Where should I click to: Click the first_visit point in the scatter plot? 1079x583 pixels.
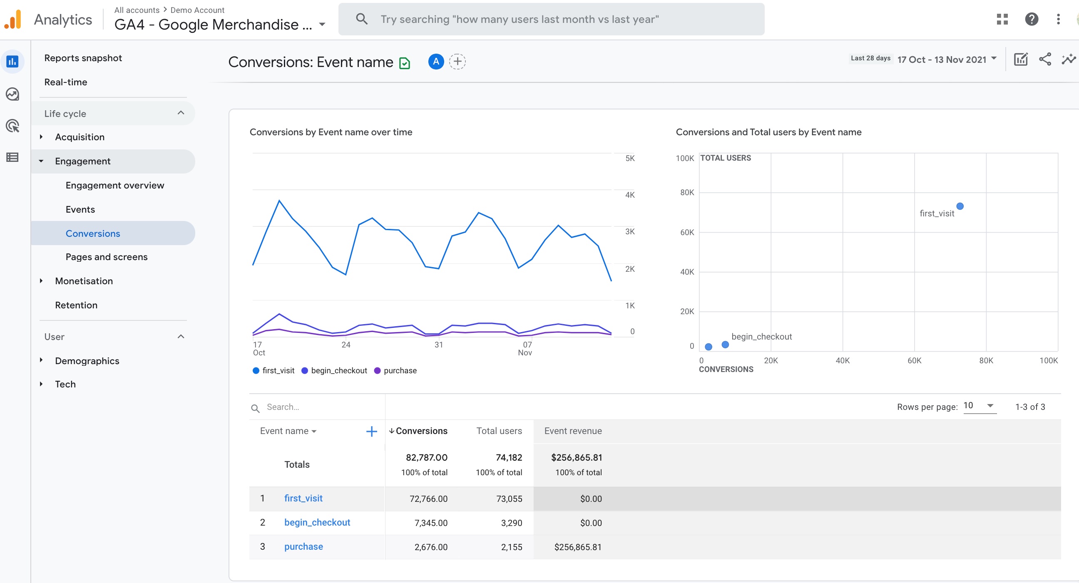960,206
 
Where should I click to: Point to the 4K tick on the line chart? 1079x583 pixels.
629,195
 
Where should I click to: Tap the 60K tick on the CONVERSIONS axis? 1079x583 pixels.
914,361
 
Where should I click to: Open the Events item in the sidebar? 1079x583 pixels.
80,209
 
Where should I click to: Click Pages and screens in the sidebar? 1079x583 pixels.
107,257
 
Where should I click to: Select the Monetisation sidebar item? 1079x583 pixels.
84,281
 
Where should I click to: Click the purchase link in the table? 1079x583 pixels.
303,546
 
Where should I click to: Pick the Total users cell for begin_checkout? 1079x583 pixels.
511,523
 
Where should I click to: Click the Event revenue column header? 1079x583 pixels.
572,431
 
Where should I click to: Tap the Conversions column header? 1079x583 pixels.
421,431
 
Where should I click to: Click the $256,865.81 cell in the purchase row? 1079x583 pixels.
578,547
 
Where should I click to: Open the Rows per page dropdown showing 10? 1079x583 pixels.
979,406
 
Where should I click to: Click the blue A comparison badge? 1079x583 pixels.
435,62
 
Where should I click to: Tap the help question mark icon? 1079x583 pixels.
1031,19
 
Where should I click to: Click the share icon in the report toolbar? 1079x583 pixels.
1044,60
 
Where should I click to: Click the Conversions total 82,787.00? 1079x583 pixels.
426,457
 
